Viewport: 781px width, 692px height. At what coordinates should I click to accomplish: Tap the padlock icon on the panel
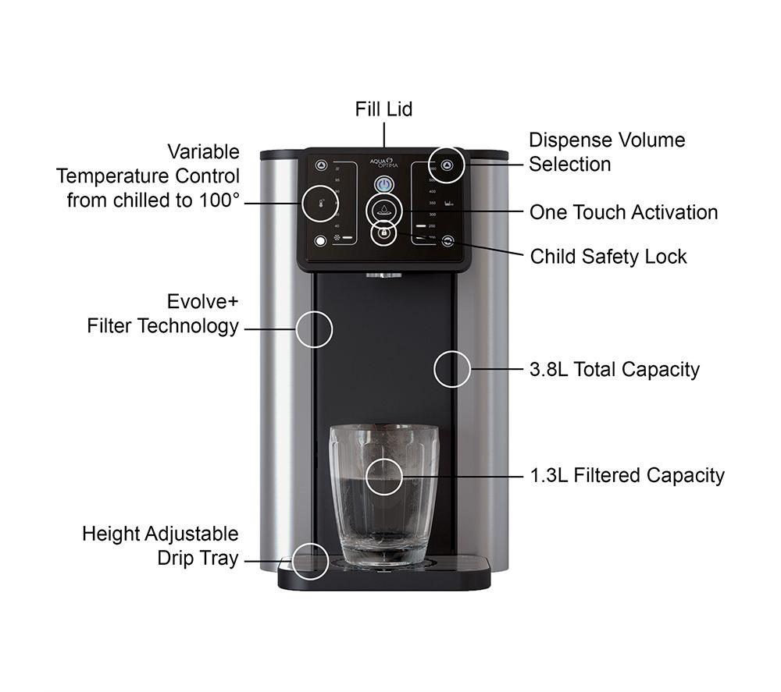coord(383,232)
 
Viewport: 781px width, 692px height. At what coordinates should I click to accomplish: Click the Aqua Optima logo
coord(384,164)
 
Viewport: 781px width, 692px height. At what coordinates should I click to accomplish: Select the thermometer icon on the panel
coord(321,202)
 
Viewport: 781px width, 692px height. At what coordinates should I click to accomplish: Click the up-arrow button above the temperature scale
coord(321,165)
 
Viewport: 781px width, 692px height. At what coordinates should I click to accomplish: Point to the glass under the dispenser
coord(384,495)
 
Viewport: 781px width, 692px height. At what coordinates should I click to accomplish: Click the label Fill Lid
coord(383,109)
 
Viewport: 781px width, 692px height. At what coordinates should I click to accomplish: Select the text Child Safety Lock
coord(608,257)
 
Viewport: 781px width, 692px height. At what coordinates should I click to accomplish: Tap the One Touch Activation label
coord(623,212)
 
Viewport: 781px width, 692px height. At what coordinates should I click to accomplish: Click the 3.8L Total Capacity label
coord(614,369)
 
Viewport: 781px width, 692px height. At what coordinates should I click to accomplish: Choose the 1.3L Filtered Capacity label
coord(626,475)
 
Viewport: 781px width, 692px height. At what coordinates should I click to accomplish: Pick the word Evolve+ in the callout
coord(202,302)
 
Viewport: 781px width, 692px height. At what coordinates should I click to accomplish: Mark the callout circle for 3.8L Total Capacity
coord(452,368)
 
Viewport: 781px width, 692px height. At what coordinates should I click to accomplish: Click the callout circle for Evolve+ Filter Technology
coord(314,328)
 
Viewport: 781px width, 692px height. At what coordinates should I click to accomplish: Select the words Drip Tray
coord(198,559)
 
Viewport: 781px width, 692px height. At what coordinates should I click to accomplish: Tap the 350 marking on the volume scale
coord(431,202)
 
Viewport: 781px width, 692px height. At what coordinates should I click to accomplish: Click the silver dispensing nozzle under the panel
coord(383,274)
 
